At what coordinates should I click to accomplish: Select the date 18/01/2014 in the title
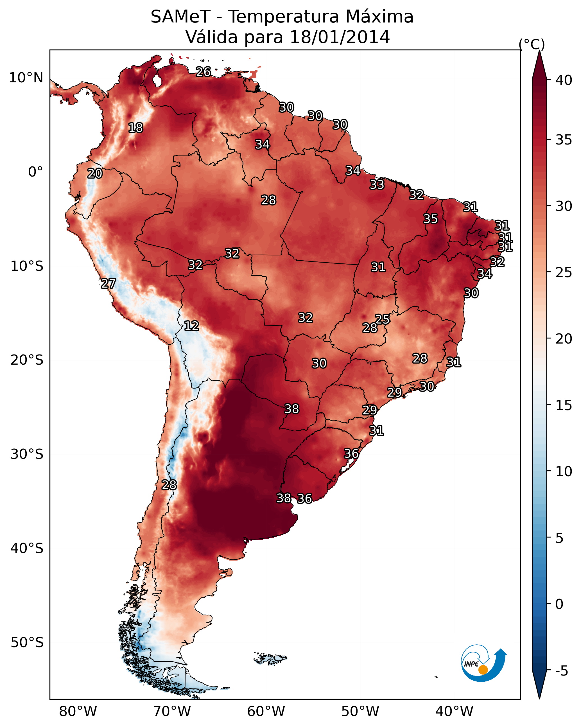[x=340, y=37]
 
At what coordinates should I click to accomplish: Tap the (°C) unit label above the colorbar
[x=532, y=44]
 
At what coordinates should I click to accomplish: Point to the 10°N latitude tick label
[x=26, y=78]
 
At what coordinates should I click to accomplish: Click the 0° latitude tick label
[x=35, y=172]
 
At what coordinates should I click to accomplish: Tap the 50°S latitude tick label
[x=27, y=642]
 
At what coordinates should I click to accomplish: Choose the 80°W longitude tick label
[x=78, y=711]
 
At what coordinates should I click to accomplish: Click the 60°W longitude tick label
[x=266, y=711]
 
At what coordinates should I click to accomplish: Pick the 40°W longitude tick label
[x=454, y=711]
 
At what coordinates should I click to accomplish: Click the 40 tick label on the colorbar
[x=564, y=80]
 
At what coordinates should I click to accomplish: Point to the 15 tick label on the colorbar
[x=564, y=405]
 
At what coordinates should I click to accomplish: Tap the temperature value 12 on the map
[x=191, y=326]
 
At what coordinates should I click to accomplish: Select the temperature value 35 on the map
[x=430, y=219]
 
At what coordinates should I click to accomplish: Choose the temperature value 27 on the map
[x=108, y=284]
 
